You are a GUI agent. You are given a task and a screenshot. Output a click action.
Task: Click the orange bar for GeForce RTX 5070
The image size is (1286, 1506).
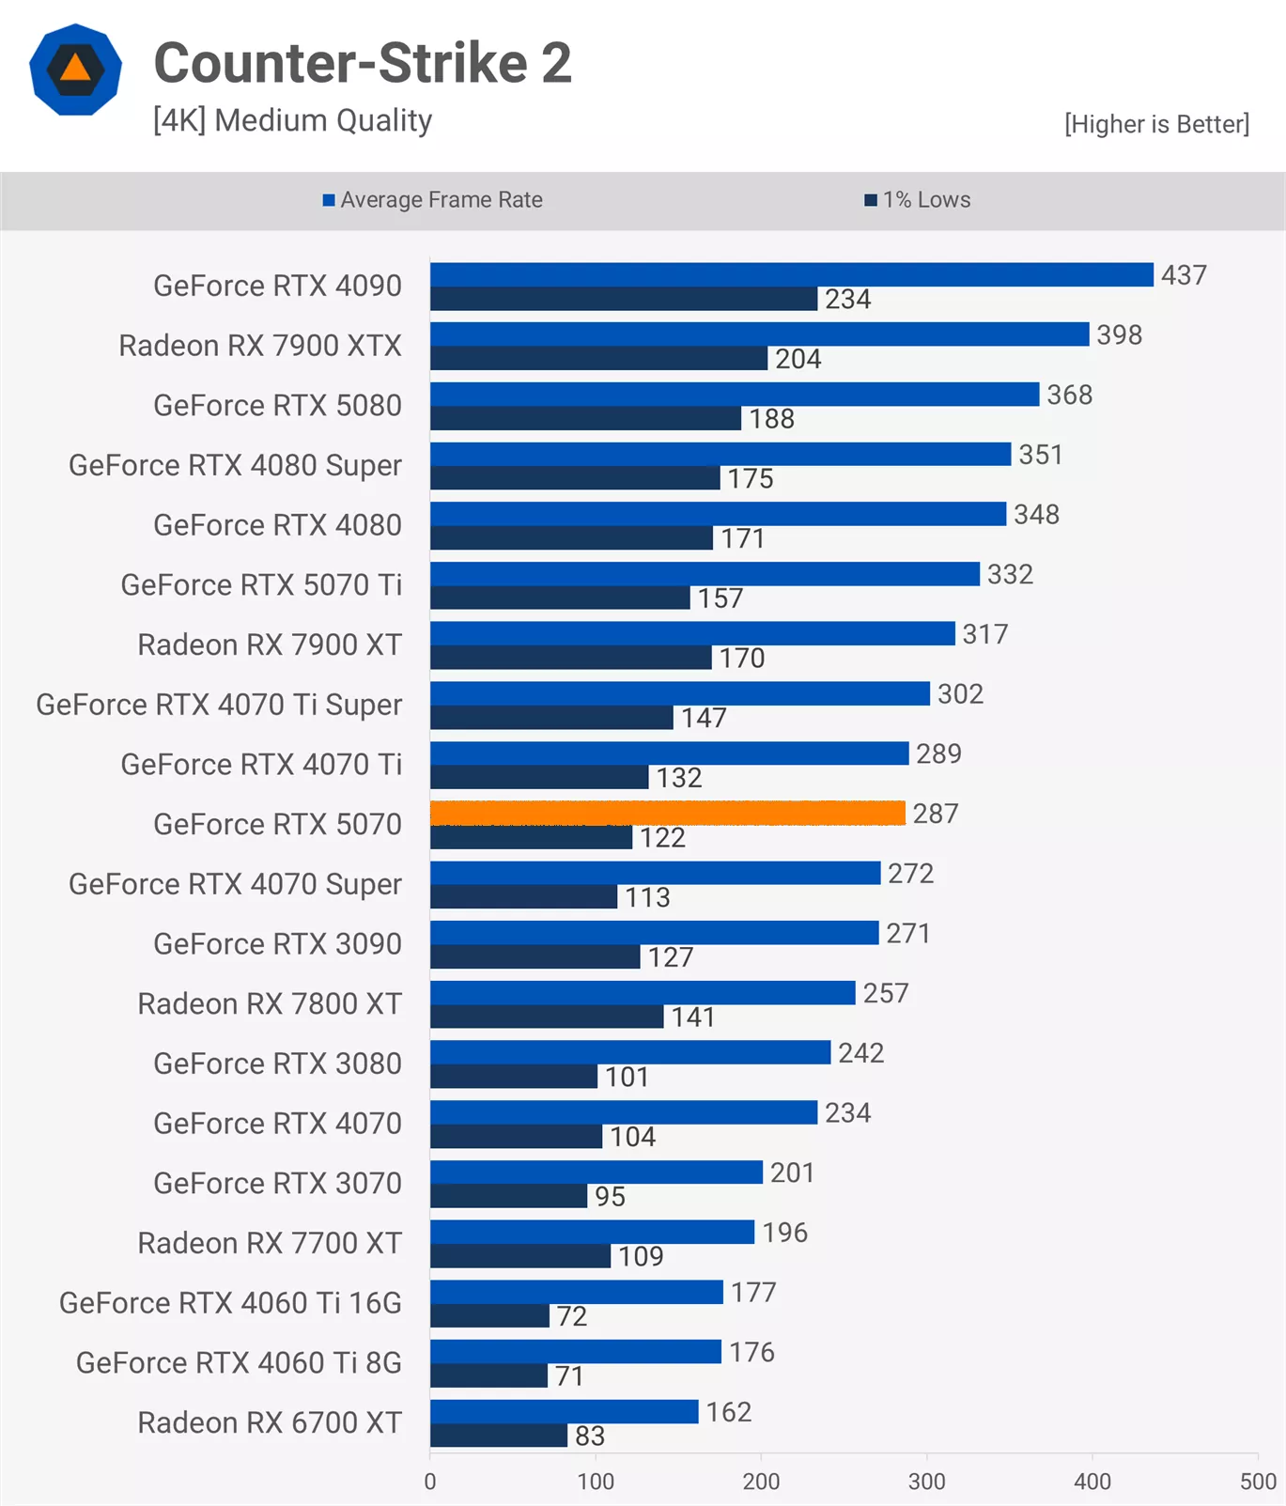667,813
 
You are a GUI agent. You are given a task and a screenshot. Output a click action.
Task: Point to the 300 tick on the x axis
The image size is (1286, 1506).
926,1482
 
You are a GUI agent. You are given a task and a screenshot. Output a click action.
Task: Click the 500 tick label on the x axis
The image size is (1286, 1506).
1257,1482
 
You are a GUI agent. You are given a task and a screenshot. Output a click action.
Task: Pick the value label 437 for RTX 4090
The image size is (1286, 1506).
1184,275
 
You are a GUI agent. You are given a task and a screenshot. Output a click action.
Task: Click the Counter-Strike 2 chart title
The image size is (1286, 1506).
363,63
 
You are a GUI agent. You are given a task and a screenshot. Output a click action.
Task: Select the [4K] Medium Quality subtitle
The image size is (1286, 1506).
292,121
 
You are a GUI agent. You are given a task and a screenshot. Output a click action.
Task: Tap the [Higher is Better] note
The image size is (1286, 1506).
1156,124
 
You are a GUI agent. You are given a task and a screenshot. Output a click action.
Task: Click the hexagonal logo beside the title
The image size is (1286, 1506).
75,70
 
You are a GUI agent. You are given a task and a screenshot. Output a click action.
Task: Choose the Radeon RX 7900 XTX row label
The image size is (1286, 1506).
260,346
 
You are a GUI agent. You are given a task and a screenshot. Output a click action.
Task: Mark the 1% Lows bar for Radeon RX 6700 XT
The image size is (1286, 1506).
499,1436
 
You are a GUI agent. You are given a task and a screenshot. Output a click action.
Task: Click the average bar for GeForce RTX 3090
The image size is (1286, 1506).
655,933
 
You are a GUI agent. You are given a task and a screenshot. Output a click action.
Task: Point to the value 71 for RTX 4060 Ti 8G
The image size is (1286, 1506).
569,1376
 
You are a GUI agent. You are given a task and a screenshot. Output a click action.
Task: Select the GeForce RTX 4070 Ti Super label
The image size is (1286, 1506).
219,705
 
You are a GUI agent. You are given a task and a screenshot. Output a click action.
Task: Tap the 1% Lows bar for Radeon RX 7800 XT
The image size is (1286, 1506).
547,1017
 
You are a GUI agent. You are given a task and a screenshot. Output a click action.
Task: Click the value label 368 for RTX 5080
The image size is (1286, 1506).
1070,395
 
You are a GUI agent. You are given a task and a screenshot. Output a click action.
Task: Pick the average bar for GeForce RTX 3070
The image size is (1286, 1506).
597,1172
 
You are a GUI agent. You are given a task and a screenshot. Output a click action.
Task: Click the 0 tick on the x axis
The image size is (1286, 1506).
430,1482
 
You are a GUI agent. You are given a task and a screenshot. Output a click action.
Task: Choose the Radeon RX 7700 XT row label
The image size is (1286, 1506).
270,1243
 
